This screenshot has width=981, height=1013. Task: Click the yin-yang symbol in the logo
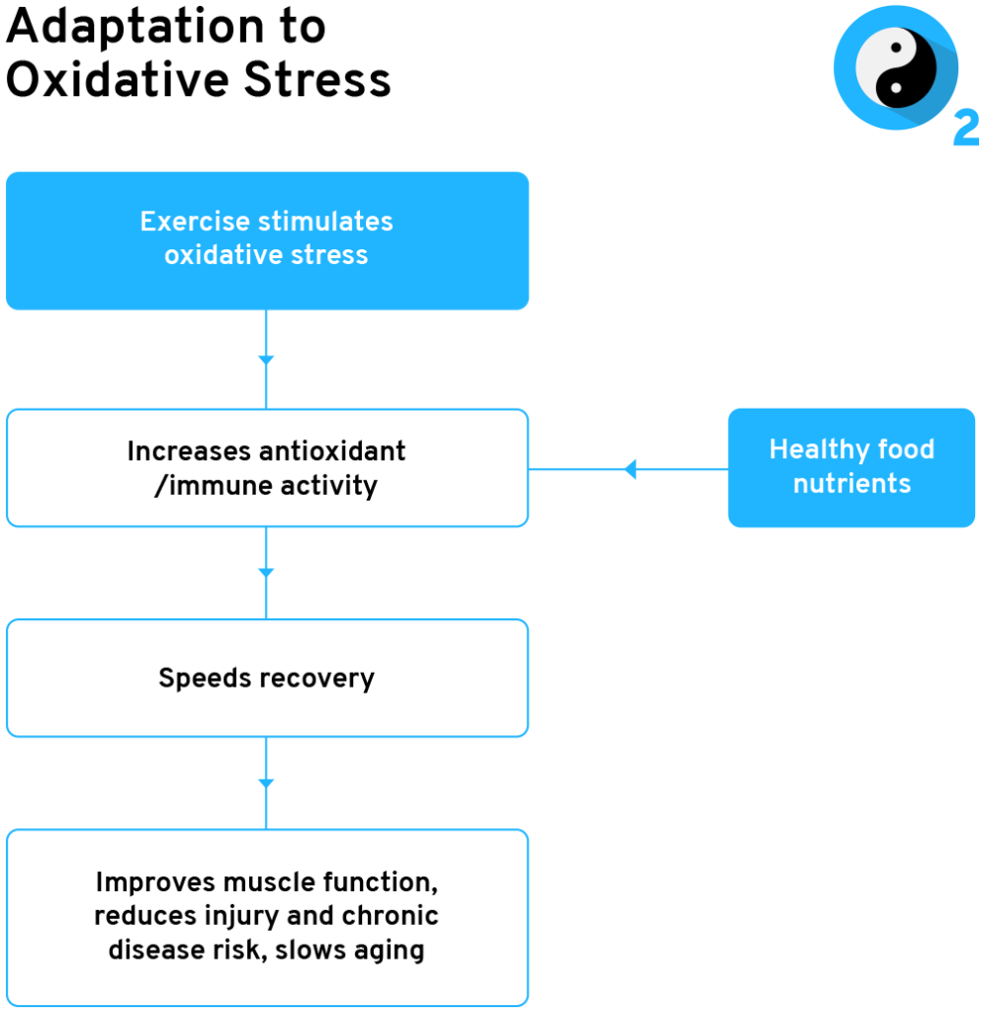[895, 68]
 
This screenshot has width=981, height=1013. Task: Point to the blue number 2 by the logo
[966, 130]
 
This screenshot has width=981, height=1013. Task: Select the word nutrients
[851, 484]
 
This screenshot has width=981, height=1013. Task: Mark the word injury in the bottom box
[272, 915]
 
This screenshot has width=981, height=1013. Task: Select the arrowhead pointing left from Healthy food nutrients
[630, 469]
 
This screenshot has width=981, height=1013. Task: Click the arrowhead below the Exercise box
[266, 360]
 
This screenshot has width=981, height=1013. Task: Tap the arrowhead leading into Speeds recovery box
[266, 573]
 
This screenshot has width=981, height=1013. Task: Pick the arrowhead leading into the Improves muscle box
[266, 783]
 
